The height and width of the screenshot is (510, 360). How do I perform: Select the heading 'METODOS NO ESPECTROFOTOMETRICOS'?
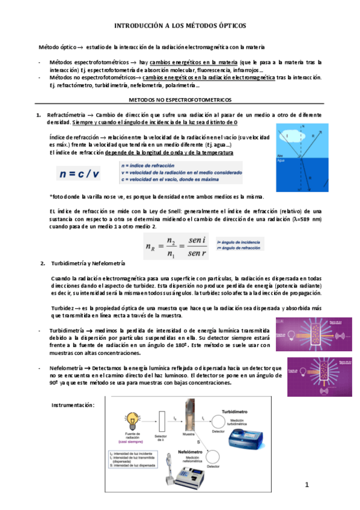pos(180,99)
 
